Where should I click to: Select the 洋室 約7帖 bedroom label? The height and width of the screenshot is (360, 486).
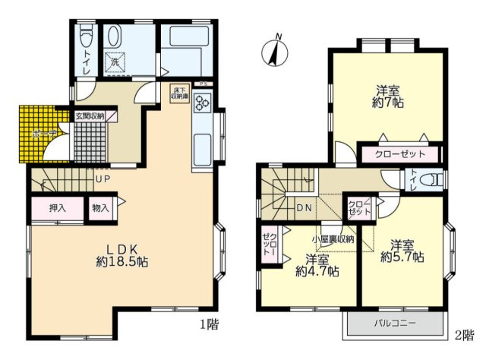pyautogui.click(x=387, y=95)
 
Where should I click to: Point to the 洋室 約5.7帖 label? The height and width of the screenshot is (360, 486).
pyautogui.click(x=402, y=251)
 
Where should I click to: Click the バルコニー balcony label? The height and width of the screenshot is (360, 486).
pyautogui.click(x=394, y=324)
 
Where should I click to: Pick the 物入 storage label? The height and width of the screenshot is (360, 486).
pyautogui.click(x=100, y=207)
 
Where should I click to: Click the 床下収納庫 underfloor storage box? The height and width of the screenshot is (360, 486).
pyautogui.click(x=180, y=95)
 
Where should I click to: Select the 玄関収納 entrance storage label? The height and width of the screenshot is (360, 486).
pyautogui.click(x=90, y=116)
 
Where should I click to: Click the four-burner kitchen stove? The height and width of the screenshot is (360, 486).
pyautogui.click(x=204, y=104)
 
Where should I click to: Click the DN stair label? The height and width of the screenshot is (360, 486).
pyautogui.click(x=305, y=206)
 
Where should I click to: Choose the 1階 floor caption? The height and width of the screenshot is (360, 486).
pyautogui.click(x=210, y=324)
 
